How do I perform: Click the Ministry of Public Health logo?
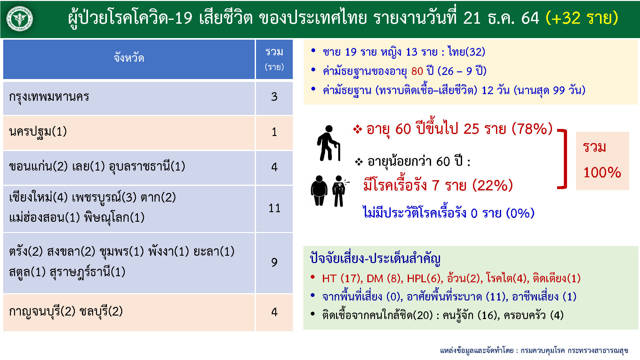click(x=20, y=19)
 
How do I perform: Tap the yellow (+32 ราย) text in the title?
click(x=581, y=18)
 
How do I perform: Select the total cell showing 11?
click(x=274, y=208)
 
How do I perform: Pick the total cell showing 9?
click(x=274, y=262)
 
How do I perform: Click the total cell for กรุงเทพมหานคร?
click(x=274, y=97)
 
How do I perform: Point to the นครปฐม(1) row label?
click(x=38, y=132)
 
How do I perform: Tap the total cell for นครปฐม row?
click(x=274, y=132)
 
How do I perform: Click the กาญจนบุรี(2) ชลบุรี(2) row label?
click(x=66, y=311)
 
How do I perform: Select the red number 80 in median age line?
click(x=417, y=71)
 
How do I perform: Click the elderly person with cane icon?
click(x=328, y=143)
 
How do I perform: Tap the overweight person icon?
click(x=319, y=190)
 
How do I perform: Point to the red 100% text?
click(x=602, y=172)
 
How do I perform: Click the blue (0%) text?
click(x=520, y=213)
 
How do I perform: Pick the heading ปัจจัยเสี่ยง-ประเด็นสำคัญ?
click(x=375, y=258)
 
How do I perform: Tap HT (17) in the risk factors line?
click(x=342, y=278)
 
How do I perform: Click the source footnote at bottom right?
click(x=534, y=351)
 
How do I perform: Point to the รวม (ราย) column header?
click(x=274, y=59)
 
